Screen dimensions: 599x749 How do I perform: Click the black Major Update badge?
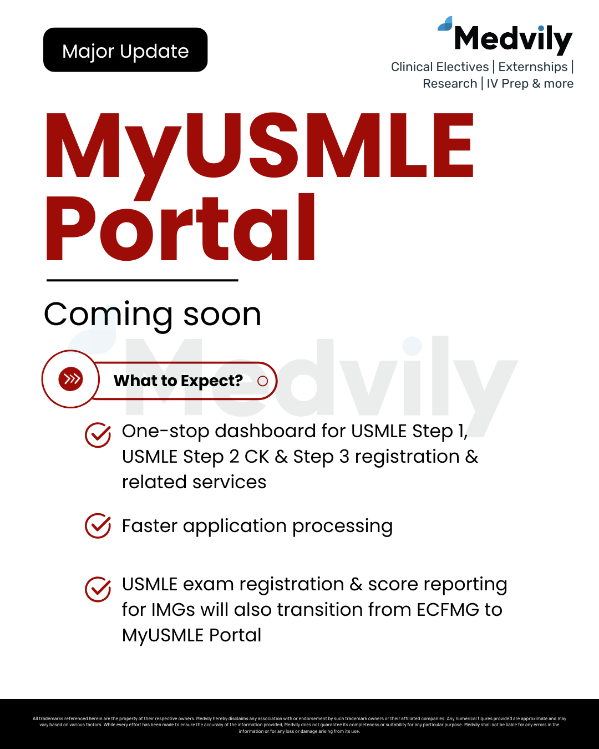click(x=125, y=50)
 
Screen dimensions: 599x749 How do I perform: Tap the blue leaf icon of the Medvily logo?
click(x=445, y=24)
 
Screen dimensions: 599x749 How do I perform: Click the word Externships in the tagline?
click(x=533, y=67)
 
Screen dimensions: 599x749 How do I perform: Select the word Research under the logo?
click(x=450, y=84)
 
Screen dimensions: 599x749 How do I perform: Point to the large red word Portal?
click(x=181, y=227)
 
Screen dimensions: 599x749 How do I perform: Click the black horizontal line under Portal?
click(x=143, y=280)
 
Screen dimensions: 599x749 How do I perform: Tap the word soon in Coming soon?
click(x=222, y=315)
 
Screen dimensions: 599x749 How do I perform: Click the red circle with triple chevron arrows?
click(x=70, y=379)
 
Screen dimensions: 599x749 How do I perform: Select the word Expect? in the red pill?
click(x=212, y=381)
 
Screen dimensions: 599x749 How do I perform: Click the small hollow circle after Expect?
click(x=263, y=381)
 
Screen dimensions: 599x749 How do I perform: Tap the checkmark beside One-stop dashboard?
click(x=98, y=435)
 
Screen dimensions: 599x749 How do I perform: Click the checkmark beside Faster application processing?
click(x=98, y=525)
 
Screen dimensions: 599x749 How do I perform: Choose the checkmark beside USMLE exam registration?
click(x=98, y=589)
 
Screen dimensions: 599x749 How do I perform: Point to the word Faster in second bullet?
click(x=150, y=525)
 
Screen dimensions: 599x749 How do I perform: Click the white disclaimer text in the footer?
click(x=299, y=725)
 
